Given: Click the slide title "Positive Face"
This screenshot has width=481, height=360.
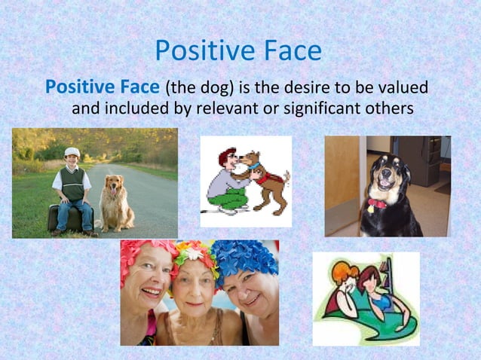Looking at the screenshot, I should (x=238, y=51).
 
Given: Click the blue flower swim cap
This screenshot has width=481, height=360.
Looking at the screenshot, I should (x=245, y=261).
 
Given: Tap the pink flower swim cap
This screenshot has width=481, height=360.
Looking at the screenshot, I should (x=143, y=252).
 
